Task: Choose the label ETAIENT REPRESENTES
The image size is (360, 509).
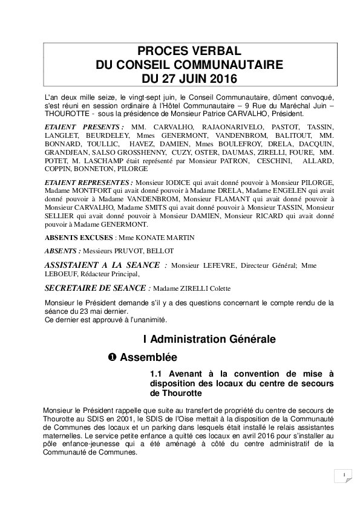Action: point(88,182)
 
